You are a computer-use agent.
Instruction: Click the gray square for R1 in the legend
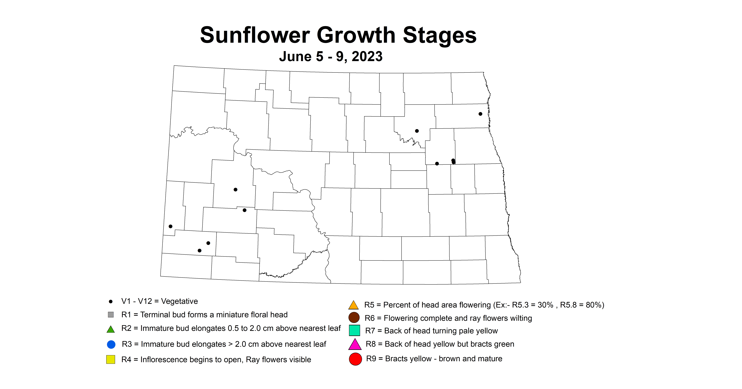click(x=111, y=314)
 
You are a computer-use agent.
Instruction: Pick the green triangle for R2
click(x=111, y=329)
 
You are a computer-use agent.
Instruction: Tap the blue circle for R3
click(x=111, y=344)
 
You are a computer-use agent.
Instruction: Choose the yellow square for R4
click(x=111, y=359)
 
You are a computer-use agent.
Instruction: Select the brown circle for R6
click(x=354, y=318)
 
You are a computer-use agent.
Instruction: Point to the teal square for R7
click(x=355, y=330)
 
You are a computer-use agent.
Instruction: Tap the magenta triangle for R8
click(x=355, y=344)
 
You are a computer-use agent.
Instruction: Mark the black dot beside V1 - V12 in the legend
click(x=111, y=301)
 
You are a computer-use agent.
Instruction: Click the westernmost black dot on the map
click(x=171, y=226)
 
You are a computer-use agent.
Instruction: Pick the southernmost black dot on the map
click(x=200, y=251)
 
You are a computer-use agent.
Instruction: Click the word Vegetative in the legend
click(x=179, y=301)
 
